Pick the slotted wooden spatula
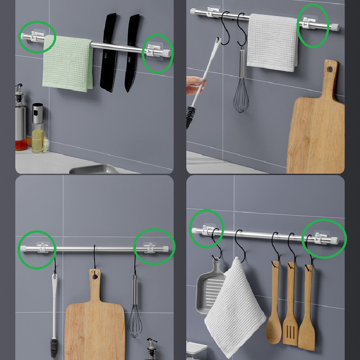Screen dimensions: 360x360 click(x=291, y=310)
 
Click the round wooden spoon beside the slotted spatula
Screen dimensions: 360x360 click(x=274, y=310)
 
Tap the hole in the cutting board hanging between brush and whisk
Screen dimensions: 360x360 click(x=94, y=275)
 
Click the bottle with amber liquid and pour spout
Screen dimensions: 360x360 click(x=21, y=121)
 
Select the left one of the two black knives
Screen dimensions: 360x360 click(x=108, y=54)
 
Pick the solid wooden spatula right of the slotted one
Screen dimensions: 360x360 click(x=307, y=310)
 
